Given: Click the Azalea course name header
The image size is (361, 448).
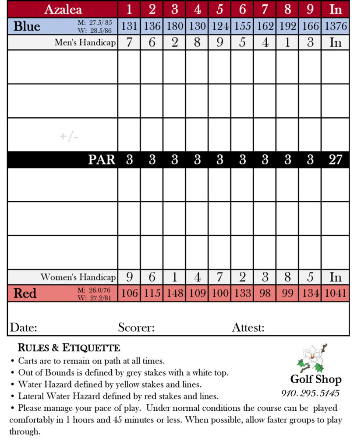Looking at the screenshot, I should (x=63, y=9).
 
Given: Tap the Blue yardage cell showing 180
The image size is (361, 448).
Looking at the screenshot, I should (x=174, y=26).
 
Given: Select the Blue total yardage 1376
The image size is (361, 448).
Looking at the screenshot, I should (x=335, y=26).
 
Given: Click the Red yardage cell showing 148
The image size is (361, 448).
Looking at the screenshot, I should (x=174, y=293).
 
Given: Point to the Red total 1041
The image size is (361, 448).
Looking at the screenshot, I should (x=335, y=293).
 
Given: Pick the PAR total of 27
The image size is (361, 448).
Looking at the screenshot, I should (x=335, y=160).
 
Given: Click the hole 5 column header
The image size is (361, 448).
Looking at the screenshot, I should (x=219, y=9).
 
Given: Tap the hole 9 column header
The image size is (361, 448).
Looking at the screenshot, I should (x=310, y=9).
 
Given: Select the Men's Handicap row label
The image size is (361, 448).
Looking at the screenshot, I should (x=85, y=42).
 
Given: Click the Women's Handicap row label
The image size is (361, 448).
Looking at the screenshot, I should (x=78, y=277).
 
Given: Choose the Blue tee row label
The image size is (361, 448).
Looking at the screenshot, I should (x=27, y=26).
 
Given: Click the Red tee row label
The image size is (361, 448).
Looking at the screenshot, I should (x=25, y=293).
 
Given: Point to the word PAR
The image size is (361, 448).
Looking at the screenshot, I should (x=102, y=160).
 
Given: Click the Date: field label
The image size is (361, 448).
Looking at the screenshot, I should (x=24, y=327).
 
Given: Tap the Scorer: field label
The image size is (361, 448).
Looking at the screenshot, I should (x=136, y=327).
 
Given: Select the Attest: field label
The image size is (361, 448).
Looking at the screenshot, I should (x=248, y=327).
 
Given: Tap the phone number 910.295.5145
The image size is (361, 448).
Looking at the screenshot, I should (x=310, y=393).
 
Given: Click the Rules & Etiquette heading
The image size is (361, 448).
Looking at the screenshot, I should (x=68, y=348).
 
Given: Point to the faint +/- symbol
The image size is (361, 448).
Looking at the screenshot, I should (x=69, y=136).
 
